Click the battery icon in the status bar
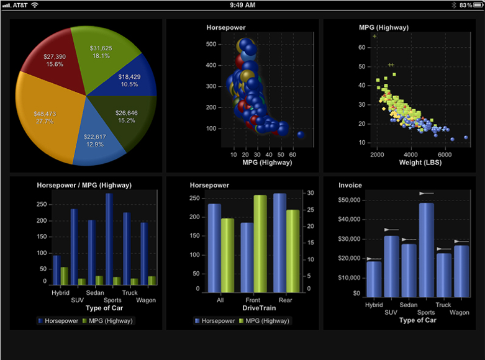pos(474,5)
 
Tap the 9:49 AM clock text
pos(242,5)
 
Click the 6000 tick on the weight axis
pos(445,154)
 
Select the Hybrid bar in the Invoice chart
pos(374,279)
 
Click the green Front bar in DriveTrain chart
pos(260,243)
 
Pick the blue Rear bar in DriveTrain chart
pos(279,243)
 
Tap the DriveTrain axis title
pos(242,308)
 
